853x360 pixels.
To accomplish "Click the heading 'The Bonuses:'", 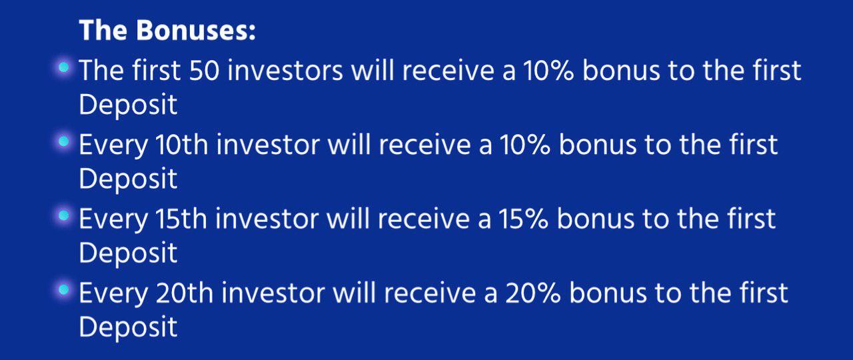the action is pyautogui.click(x=167, y=30).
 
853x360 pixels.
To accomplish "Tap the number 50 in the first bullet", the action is pyautogui.click(x=204, y=71).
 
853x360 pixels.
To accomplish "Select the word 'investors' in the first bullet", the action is pyautogui.click(x=285, y=71).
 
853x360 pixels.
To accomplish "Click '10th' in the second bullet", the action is pyautogui.click(x=182, y=145).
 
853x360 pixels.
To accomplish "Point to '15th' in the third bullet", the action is pyautogui.click(x=181, y=219).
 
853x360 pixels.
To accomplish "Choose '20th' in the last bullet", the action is pyautogui.click(x=185, y=293).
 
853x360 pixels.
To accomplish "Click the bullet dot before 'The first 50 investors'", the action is pyautogui.click(x=63, y=67).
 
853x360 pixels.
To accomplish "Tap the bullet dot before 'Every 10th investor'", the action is pyautogui.click(x=63, y=142).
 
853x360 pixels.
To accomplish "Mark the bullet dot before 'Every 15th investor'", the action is pyautogui.click(x=63, y=215).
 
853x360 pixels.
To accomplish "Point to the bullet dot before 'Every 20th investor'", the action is pyautogui.click(x=63, y=290).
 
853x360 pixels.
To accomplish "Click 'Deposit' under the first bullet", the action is pyautogui.click(x=129, y=105).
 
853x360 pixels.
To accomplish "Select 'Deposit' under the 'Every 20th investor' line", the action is pyautogui.click(x=129, y=327).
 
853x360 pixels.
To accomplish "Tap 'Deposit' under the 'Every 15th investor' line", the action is pyautogui.click(x=129, y=253).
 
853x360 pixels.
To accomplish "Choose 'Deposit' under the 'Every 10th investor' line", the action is pyautogui.click(x=129, y=179).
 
